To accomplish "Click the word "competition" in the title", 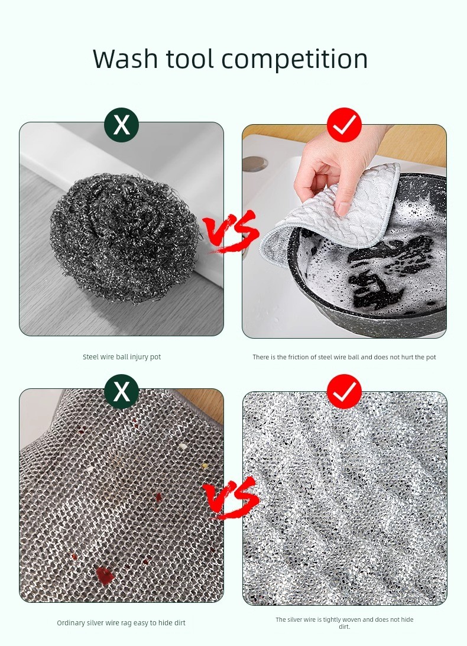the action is click(294, 60).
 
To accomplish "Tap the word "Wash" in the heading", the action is click(125, 59).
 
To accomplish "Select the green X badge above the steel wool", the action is click(122, 125).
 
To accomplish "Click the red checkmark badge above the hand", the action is click(344, 125).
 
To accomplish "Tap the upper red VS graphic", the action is click(231, 231).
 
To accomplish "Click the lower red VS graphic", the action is click(231, 498).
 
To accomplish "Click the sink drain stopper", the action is click(255, 164).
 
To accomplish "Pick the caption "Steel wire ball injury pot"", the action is click(122, 357).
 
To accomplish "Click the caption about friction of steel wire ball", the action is click(344, 357).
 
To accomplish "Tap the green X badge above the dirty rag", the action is click(122, 391).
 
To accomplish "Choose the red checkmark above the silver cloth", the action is click(344, 391).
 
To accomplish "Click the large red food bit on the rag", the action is click(104, 575).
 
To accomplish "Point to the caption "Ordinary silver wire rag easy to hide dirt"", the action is click(121, 623).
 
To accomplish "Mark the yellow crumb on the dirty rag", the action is click(204, 466).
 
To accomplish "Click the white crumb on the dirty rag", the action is click(182, 446).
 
